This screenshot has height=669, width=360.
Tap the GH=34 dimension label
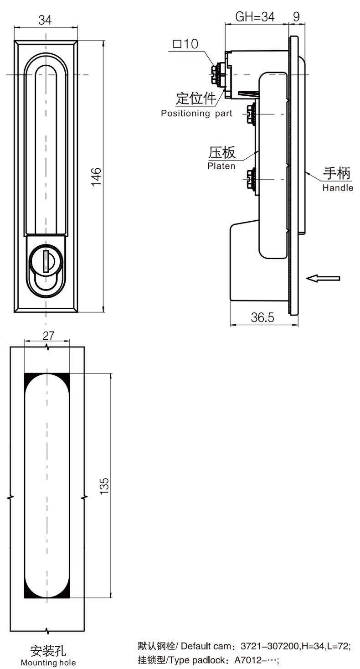(x=255, y=17)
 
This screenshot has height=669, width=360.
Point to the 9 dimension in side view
(x=296, y=17)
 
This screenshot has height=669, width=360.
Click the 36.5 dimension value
(x=263, y=318)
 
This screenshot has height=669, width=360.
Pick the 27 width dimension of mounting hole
(x=48, y=336)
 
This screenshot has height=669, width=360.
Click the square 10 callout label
(x=186, y=44)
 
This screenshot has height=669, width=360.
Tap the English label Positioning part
(x=196, y=114)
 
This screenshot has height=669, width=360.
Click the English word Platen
(x=221, y=166)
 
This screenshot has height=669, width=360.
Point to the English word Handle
(x=338, y=187)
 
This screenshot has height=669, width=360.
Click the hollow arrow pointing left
(x=323, y=278)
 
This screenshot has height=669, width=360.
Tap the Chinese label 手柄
(x=337, y=174)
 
